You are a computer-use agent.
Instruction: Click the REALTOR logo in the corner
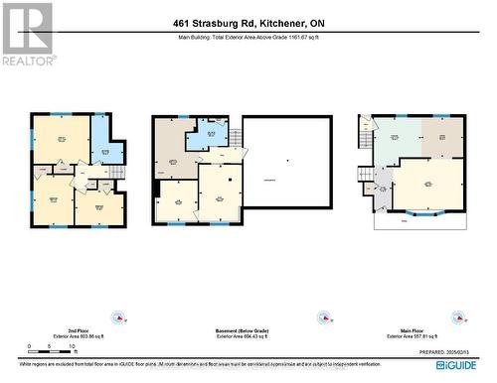(x=27, y=32)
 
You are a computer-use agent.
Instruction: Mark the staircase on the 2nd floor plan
(x=117, y=174)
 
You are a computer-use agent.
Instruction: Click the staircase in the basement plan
(x=235, y=137)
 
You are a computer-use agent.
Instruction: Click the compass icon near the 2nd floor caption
(x=119, y=318)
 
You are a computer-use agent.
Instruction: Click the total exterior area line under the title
(x=248, y=38)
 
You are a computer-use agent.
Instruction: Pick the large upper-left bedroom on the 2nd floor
(x=61, y=140)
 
